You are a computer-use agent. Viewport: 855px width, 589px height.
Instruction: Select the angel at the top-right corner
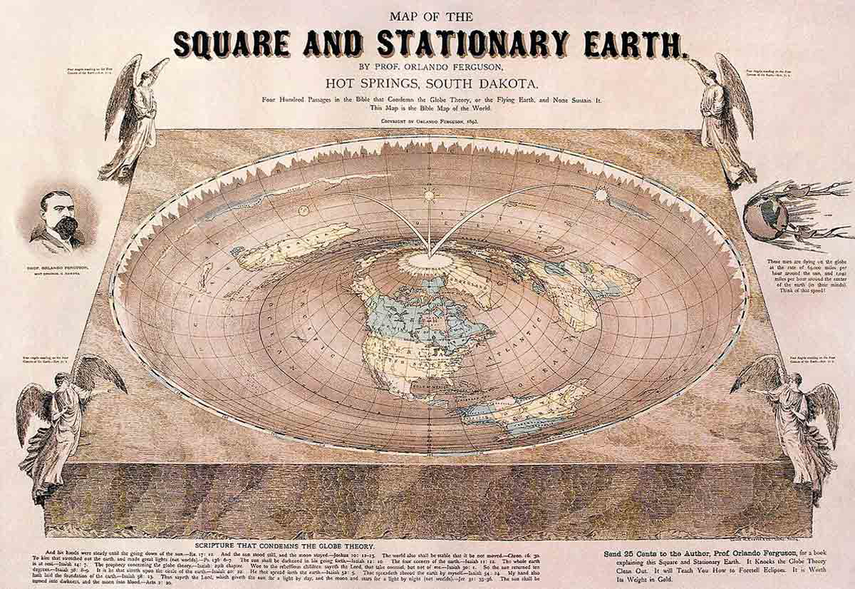(723, 118)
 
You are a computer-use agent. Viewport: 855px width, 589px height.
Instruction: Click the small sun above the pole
(430, 194)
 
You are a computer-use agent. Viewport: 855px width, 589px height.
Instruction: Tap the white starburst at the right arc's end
(601, 193)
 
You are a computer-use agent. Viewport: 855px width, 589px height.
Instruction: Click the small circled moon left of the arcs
(304, 210)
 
